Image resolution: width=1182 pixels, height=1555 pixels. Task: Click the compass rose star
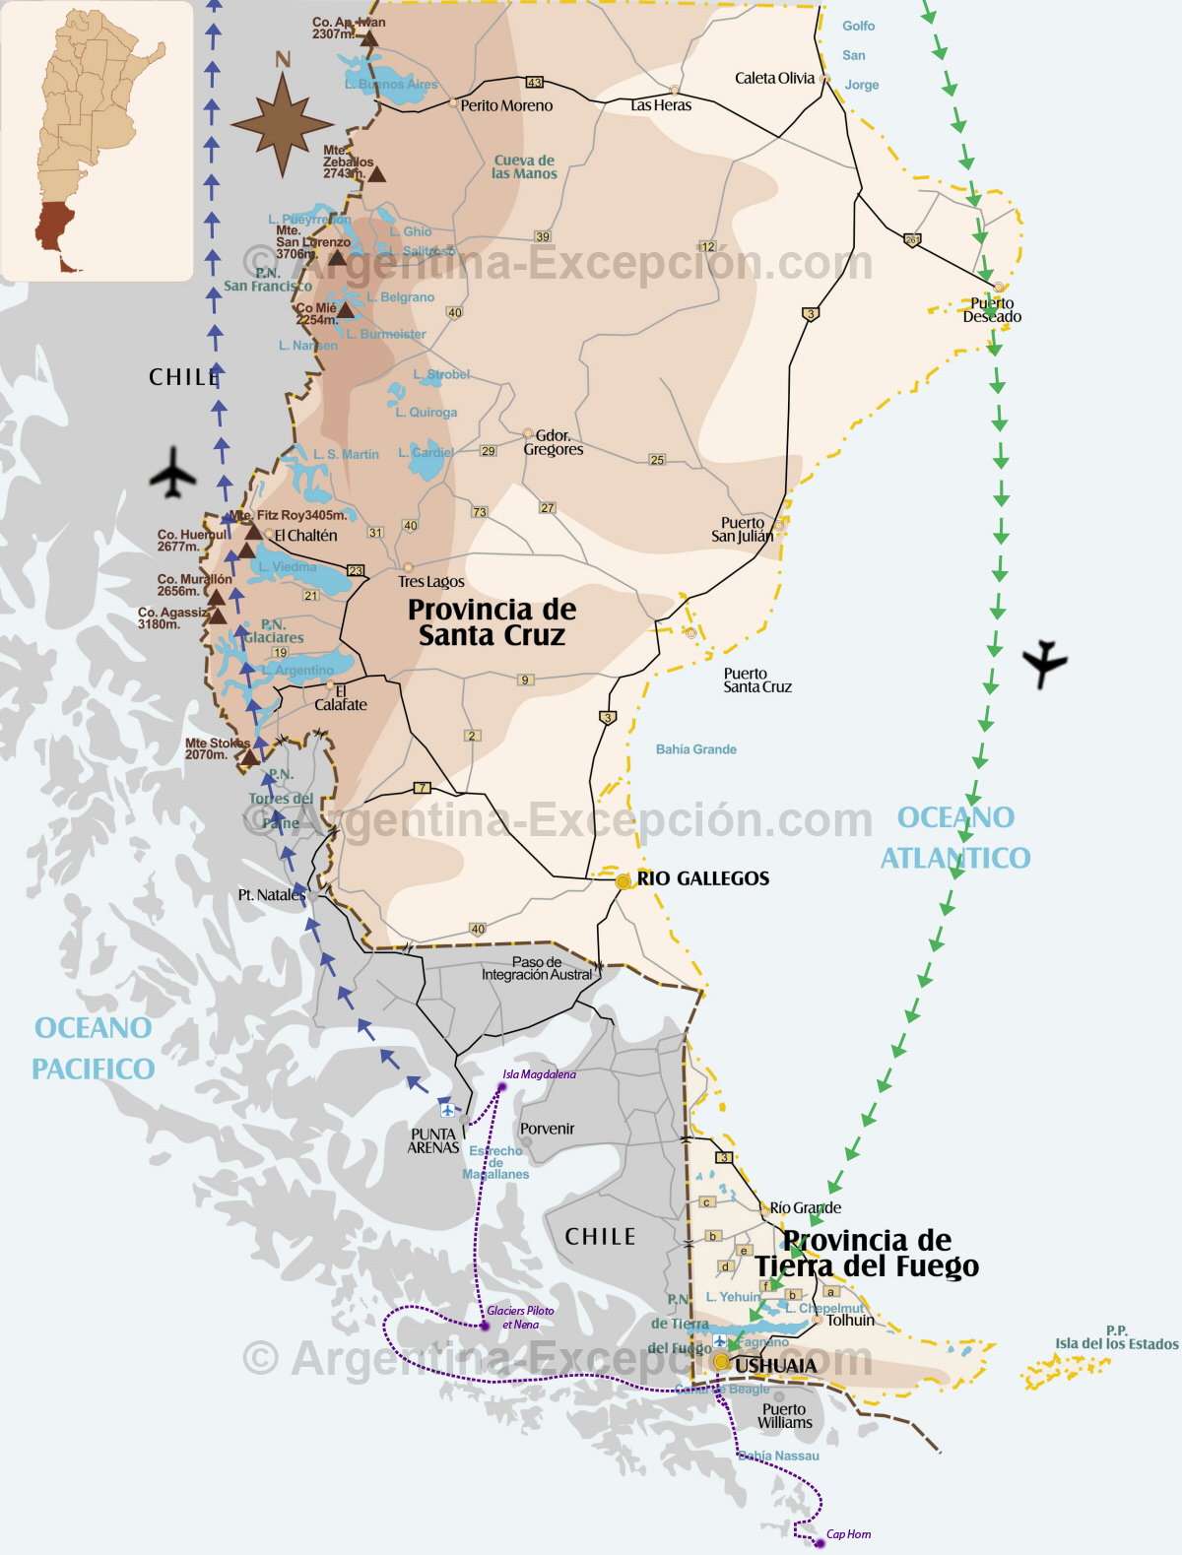point(283,125)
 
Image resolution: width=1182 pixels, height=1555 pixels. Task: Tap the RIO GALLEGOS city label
point(702,878)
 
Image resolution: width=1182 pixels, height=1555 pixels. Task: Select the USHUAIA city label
point(775,1365)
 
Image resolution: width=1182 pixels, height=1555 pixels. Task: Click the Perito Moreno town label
point(506,105)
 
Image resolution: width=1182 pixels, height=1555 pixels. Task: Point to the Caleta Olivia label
point(775,78)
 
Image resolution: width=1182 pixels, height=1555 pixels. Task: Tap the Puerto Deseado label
point(992,310)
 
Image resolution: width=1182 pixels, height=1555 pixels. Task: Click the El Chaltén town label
point(305,536)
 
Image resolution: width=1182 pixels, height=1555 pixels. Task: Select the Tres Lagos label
point(430,582)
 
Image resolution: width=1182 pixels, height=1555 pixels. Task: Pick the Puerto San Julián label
point(743,530)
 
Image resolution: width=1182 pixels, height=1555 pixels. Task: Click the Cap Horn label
point(848,1534)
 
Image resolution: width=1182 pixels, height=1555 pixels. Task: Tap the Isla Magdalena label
point(539,1074)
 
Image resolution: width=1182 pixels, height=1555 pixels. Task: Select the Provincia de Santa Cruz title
point(492,622)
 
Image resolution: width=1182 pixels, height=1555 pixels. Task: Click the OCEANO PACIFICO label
point(94,1048)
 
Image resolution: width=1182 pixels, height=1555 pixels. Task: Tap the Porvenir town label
point(547,1129)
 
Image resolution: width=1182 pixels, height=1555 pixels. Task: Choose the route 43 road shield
point(534,82)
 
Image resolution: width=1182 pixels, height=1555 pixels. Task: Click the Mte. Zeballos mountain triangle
point(376,174)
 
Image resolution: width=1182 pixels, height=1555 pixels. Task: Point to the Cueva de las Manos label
point(524,166)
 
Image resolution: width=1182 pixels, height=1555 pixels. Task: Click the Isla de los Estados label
point(1117,1343)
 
